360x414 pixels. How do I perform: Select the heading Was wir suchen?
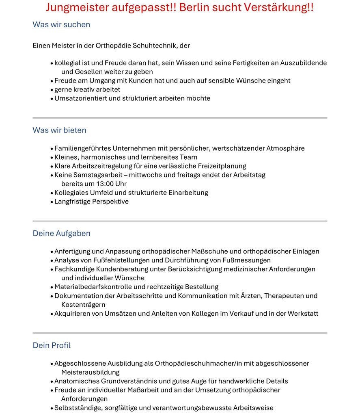click(61, 24)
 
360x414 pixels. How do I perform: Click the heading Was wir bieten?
click(59, 130)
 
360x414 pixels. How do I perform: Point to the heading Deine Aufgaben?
click(61, 233)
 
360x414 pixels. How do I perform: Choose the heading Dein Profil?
click(52, 345)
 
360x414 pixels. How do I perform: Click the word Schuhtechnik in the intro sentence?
click(152, 46)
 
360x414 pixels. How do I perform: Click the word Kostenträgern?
click(83, 305)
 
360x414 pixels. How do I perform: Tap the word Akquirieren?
click(73, 314)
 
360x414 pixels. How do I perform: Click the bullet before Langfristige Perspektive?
click(52, 202)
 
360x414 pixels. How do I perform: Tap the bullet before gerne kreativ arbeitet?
click(52, 90)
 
